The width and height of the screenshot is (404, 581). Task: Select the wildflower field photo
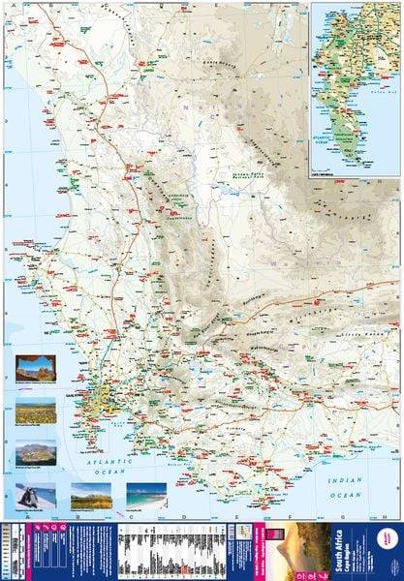tap(36, 412)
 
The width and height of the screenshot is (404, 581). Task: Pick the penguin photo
tap(36, 497)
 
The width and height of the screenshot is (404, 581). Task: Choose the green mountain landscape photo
tap(91, 497)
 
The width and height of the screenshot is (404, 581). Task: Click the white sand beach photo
tap(146, 495)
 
